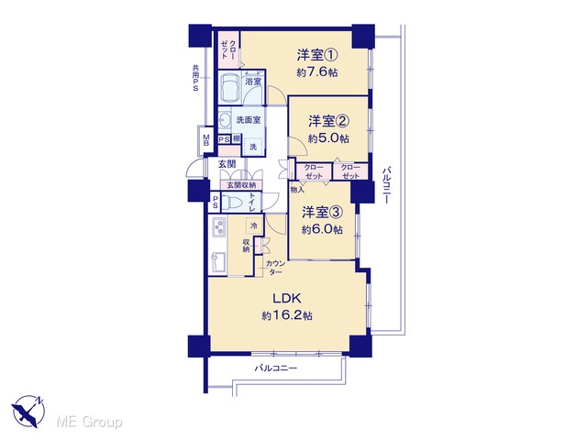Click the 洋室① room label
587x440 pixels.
pos(317,55)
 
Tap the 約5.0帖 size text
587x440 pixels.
pos(328,138)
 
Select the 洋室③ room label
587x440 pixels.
pos(322,213)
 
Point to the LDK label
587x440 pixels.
pos(287,298)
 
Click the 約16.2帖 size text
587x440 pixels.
pos(287,315)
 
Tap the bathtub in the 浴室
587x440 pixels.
pos(230,88)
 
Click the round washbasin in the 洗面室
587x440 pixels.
pos(224,120)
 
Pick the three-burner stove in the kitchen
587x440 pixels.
pos(219,226)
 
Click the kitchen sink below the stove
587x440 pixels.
pos(218,262)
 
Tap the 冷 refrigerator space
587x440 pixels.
pos(254,225)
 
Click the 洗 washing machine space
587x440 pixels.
pos(253,147)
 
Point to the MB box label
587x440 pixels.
pos(206,140)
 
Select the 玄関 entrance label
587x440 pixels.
pos(227,164)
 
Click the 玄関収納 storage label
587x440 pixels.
pos(241,185)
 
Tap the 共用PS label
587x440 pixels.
pos(195,78)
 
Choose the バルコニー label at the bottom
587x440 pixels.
pos(276,368)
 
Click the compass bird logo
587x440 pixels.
pos(28,412)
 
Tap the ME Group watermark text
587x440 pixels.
pos(90,423)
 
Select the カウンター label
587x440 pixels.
pos(275,268)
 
